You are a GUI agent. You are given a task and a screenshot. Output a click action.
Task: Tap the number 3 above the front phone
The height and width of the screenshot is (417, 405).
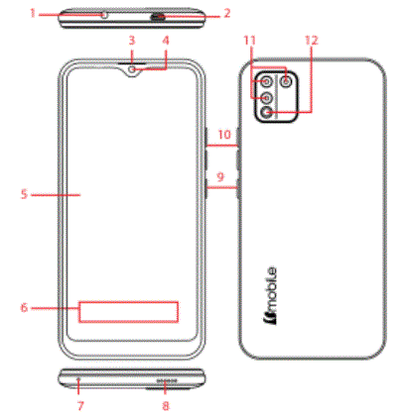[x=130, y=41]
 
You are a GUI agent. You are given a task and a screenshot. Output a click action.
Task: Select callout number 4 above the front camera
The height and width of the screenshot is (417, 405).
[x=166, y=41]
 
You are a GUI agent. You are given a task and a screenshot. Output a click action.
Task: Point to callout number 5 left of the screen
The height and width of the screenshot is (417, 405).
[x=23, y=194]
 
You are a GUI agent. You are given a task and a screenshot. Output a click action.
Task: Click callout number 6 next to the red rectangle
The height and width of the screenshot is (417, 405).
[x=23, y=308]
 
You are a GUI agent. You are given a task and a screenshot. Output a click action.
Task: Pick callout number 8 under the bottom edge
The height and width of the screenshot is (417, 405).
[x=166, y=405]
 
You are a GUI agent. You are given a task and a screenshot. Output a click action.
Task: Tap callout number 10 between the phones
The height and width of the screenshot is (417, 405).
[x=223, y=133]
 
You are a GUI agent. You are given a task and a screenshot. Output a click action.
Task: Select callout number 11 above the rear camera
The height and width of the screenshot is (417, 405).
[x=249, y=41]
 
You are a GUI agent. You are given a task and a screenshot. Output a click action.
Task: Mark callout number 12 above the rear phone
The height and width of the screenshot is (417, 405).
[x=312, y=41]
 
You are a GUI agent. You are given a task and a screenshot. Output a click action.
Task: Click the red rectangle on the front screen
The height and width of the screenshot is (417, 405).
[x=129, y=311]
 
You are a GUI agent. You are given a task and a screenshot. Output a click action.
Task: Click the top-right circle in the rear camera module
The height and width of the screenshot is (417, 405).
[x=288, y=81]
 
